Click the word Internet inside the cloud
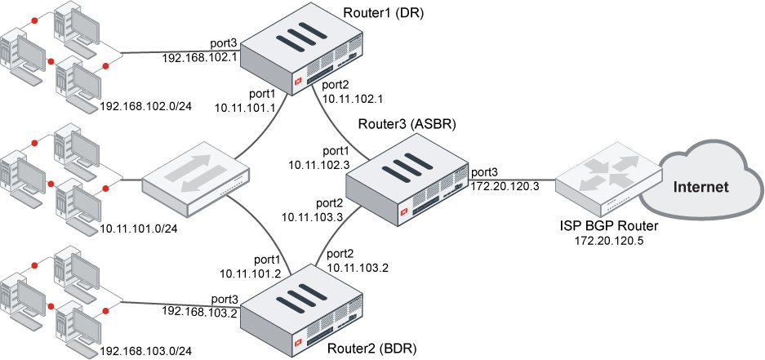700,187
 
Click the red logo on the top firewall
298,81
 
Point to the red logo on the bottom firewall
299,341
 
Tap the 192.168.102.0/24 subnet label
145,106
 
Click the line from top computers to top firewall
180,53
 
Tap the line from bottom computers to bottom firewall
180,304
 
